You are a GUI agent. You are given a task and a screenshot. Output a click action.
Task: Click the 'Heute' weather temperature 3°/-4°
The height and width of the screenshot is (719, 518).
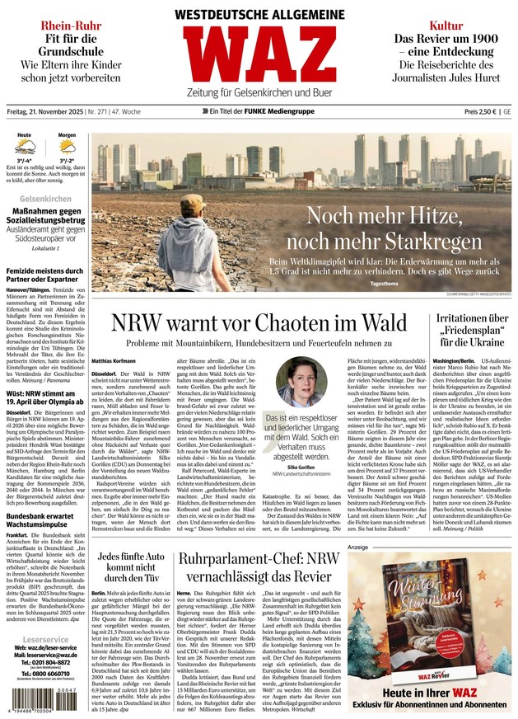pos(25,162)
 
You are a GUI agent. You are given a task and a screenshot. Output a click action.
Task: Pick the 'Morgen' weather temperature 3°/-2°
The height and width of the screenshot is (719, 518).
pos(68,162)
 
